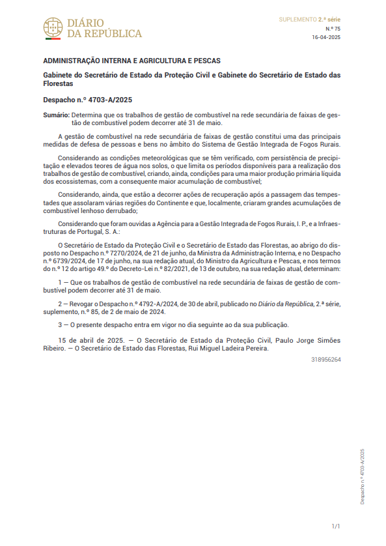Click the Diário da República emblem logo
click(x=53, y=27)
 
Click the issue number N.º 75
click(x=333, y=29)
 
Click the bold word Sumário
click(x=55, y=115)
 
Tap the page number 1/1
click(x=336, y=526)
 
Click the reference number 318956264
click(x=325, y=359)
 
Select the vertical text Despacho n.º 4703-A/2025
click(x=363, y=476)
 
